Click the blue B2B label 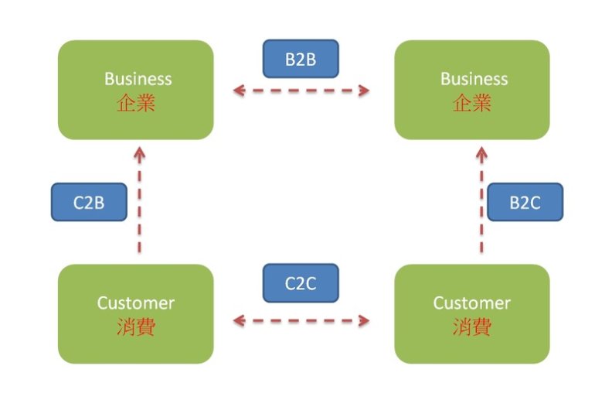click(x=301, y=59)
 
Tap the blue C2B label click(x=89, y=203)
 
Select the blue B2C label click(x=525, y=203)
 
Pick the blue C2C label click(x=301, y=283)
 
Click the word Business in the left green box click(x=138, y=79)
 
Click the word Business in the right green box click(x=474, y=79)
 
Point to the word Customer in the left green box click(x=136, y=303)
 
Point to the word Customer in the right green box click(x=472, y=303)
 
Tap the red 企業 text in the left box click(x=136, y=103)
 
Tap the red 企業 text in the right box click(x=472, y=103)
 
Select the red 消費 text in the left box click(x=136, y=327)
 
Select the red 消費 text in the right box click(x=472, y=327)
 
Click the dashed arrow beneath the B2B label click(x=301, y=91)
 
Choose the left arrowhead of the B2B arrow click(x=239, y=91)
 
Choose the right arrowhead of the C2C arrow click(x=364, y=319)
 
